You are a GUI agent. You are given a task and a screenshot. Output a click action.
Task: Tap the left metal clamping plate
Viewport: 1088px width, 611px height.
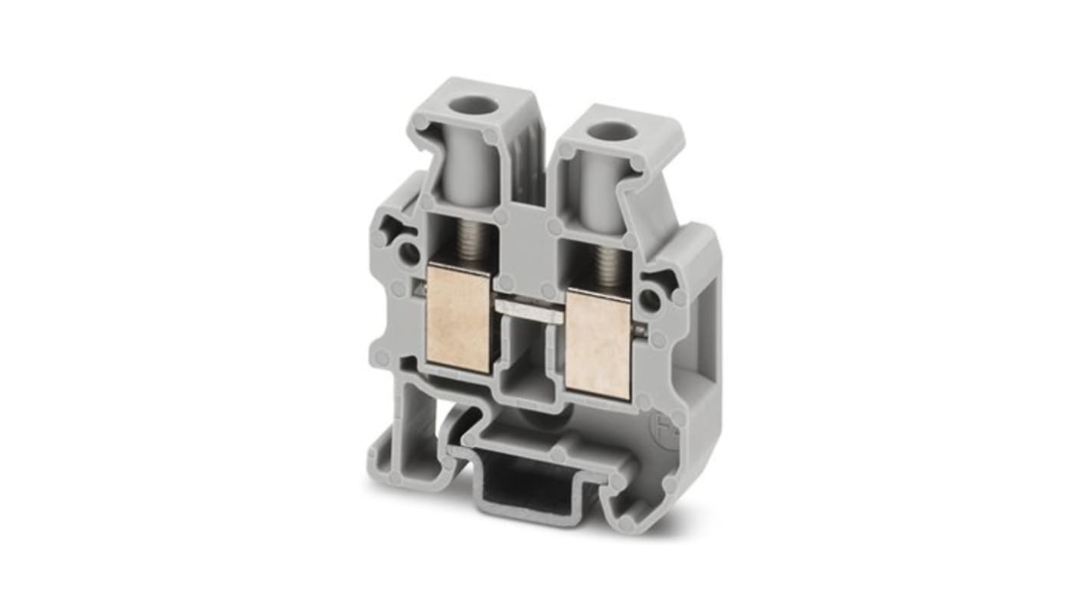[458, 316]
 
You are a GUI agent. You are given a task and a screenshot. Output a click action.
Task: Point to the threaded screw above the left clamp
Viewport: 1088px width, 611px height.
[467, 240]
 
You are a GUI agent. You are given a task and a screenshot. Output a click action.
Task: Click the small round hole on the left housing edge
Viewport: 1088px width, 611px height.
[408, 253]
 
